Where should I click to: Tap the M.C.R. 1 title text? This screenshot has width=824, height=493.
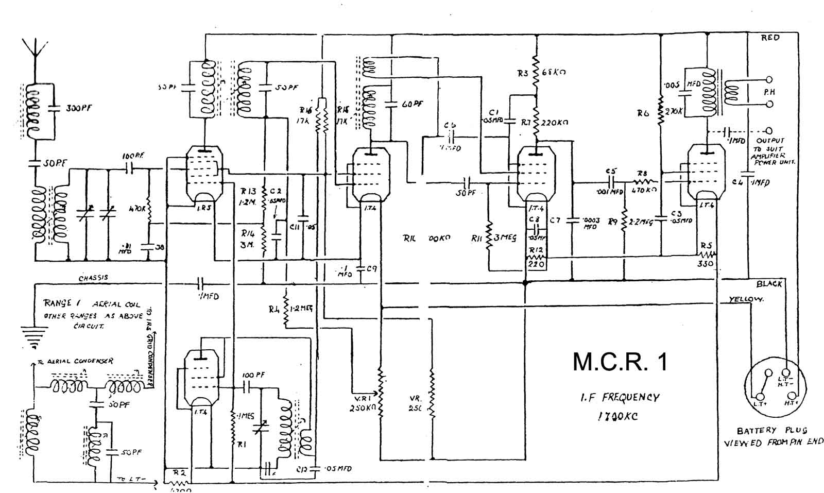pyautogui.click(x=620, y=362)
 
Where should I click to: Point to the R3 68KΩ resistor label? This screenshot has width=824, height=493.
pyautogui.click(x=541, y=73)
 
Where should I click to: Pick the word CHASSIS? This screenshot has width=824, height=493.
pyautogui.click(x=93, y=278)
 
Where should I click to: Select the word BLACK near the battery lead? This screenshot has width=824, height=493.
pyautogui.click(x=769, y=284)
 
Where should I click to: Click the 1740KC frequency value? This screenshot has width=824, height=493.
pyautogui.click(x=616, y=416)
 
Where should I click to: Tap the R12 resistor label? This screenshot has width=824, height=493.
pyautogui.click(x=536, y=250)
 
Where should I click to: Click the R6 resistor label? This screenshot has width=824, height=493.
pyautogui.click(x=643, y=113)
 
